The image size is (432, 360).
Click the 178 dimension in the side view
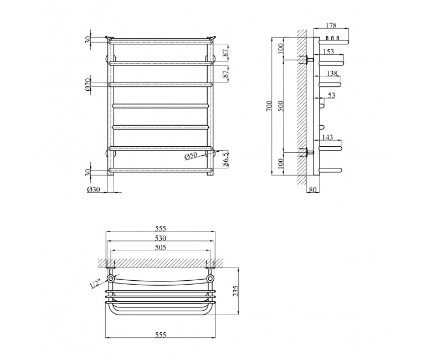click(331, 25)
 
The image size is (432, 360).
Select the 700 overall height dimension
click(270, 106)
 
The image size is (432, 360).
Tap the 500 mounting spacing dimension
click(281, 106)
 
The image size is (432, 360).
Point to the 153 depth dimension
click(328, 52)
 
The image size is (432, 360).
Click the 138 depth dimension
click(332, 73)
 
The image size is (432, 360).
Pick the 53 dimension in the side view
click(332, 95)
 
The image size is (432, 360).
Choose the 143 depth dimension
click(327, 137)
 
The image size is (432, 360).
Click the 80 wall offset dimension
click(313, 189)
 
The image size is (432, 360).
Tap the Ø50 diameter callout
click(191, 156)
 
